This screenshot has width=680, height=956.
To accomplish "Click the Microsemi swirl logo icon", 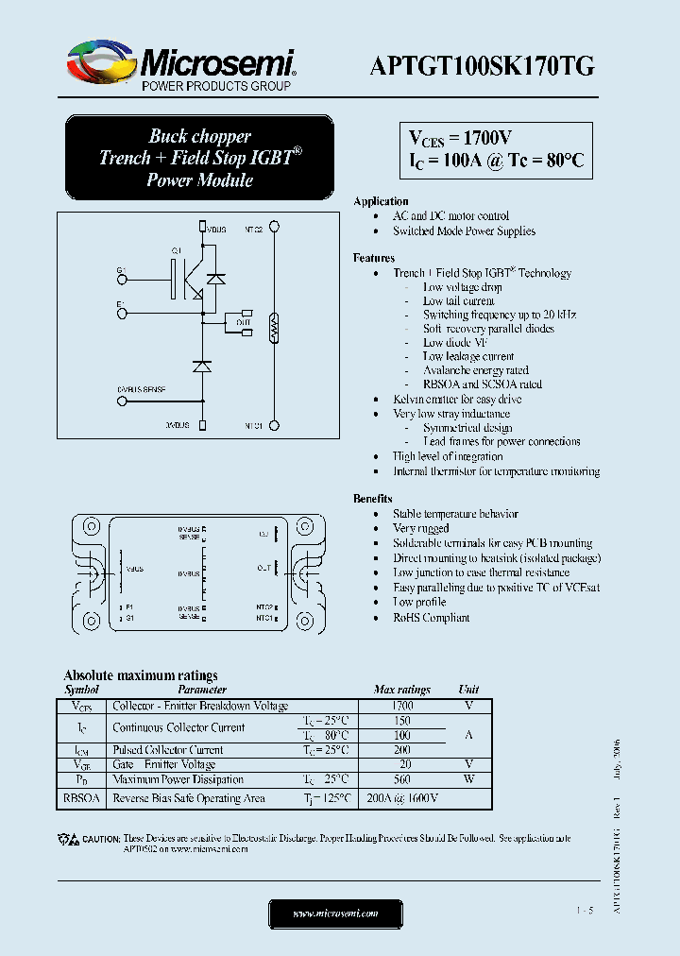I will point(98,63).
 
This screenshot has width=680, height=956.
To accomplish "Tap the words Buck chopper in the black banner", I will point(200,136).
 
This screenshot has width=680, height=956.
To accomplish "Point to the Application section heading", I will point(381,201).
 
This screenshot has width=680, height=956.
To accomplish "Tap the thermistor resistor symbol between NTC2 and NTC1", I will point(274,327).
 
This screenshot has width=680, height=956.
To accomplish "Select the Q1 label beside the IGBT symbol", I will point(176,250).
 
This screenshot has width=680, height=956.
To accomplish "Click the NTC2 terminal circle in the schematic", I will point(274,228).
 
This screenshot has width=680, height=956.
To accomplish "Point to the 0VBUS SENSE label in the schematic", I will point(142,389).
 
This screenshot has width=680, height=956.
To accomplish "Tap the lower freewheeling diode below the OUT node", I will point(201,365).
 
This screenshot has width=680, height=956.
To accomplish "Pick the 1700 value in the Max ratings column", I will point(401,706).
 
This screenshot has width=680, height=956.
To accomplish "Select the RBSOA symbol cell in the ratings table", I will point(83,798).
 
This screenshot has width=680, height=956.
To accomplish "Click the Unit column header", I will point(468,691).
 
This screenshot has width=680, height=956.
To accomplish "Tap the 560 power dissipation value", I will point(401,779).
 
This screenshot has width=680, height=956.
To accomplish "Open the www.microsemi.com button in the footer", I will point(335,913).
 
